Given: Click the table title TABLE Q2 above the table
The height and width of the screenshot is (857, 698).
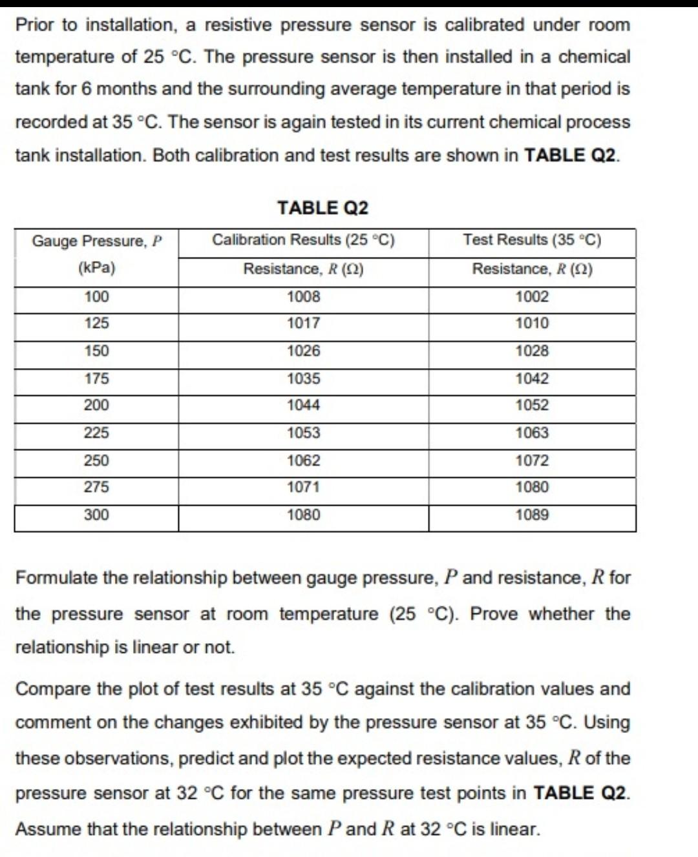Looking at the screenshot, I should click(x=323, y=208).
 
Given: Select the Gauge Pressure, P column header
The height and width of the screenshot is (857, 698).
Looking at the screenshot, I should click(x=96, y=241).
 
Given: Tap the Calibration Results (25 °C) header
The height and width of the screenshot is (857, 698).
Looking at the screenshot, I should click(x=303, y=240).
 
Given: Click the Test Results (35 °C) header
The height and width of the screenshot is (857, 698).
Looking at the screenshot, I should click(x=532, y=240).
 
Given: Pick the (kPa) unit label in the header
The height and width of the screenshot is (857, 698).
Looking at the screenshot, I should click(x=96, y=268).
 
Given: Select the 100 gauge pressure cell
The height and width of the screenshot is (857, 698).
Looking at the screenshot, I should click(x=96, y=297).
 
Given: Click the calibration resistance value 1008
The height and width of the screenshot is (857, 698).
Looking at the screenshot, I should click(x=303, y=297).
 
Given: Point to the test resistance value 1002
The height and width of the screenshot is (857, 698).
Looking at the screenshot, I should click(x=532, y=297).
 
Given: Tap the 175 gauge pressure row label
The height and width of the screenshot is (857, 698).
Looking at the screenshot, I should click(x=96, y=378).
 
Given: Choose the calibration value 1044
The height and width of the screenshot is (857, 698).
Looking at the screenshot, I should click(x=303, y=406).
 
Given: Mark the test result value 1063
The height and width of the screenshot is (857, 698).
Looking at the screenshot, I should click(x=532, y=433).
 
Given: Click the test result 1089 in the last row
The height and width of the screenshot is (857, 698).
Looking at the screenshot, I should click(x=532, y=515).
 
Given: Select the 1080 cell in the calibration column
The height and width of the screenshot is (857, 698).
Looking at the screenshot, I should click(x=303, y=515).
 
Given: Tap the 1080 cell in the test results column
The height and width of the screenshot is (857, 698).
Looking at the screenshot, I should click(x=532, y=487).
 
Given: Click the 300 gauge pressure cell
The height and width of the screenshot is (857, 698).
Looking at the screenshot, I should click(x=96, y=515).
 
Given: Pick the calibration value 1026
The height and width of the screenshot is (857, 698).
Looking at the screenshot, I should click(x=303, y=351).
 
